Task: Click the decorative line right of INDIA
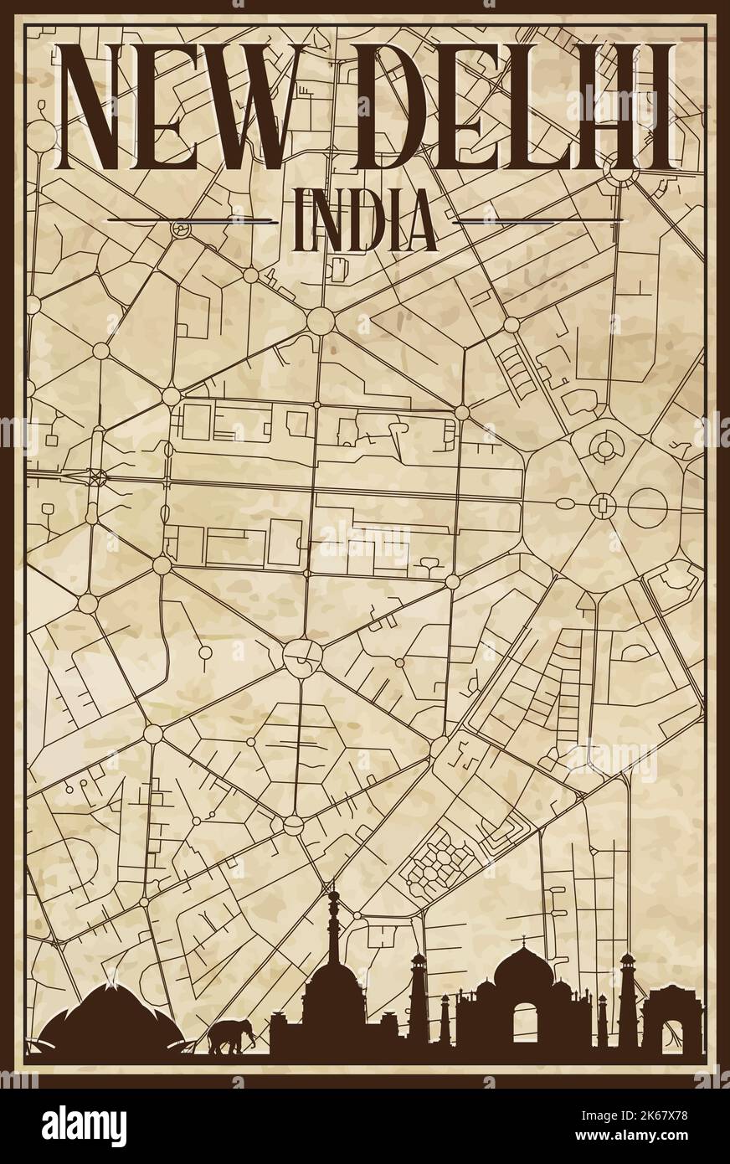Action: [x=542, y=222]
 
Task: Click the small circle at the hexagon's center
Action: [x=599, y=504]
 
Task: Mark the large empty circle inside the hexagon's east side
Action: [x=647, y=505]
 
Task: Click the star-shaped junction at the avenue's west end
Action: [x=94, y=478]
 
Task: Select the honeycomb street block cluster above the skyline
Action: [x=435, y=862]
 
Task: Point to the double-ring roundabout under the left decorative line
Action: [x=177, y=227]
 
